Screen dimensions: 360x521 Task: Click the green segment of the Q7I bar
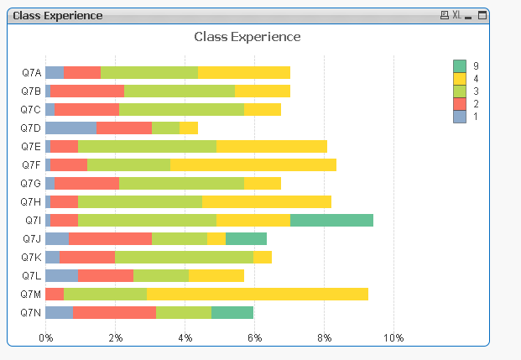331,220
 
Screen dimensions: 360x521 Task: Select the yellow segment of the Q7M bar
258,294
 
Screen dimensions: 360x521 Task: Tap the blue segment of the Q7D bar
70,128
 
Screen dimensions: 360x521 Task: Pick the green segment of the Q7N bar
232,312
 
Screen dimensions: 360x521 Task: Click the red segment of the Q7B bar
87,91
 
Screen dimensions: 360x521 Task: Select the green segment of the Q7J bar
246,238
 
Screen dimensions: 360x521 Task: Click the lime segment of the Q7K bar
184,257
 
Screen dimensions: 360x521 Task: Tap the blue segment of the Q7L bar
61,275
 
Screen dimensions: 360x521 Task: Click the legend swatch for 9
460,66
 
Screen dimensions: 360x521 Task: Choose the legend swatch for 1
460,117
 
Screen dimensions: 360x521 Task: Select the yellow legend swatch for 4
460,79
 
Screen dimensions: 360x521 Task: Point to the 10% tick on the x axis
393,337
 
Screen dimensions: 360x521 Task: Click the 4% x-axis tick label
185,337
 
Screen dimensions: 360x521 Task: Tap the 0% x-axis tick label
46,337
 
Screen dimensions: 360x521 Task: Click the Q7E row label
31,146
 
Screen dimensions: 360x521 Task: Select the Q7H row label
31,201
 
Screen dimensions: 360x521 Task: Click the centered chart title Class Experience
247,36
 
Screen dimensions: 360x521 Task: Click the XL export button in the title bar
457,15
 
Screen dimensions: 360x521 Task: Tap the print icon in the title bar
445,15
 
